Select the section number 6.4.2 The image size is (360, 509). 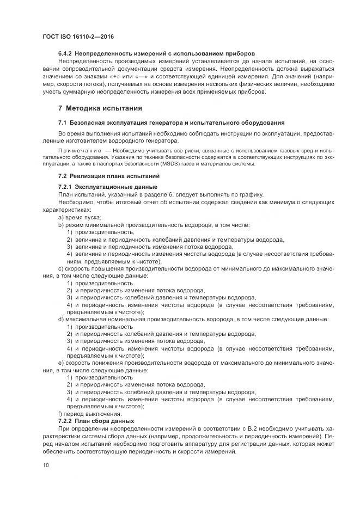65,54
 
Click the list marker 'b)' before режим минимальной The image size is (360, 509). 61,225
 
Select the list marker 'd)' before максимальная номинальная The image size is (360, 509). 61,319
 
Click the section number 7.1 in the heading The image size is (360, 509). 62,122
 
